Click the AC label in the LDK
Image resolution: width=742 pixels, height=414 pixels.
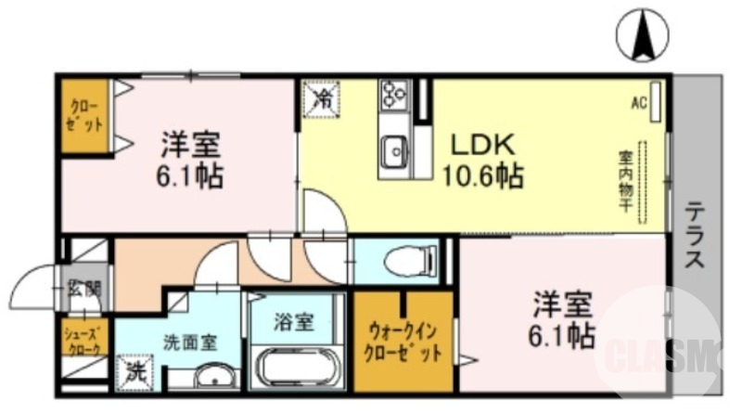pyautogui.click(x=639, y=103)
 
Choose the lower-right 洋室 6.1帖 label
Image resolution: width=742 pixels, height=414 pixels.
pyautogui.click(x=562, y=319)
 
